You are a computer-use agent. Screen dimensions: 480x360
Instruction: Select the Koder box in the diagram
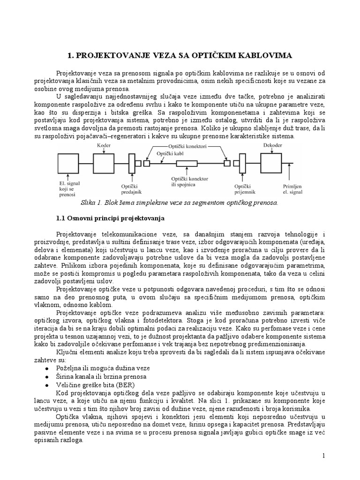[104, 164]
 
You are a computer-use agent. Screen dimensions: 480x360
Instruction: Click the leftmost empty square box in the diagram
[68, 164]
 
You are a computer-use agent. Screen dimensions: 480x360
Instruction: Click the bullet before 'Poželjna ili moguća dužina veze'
[46, 368]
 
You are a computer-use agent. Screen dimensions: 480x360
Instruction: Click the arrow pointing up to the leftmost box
[68, 179]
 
